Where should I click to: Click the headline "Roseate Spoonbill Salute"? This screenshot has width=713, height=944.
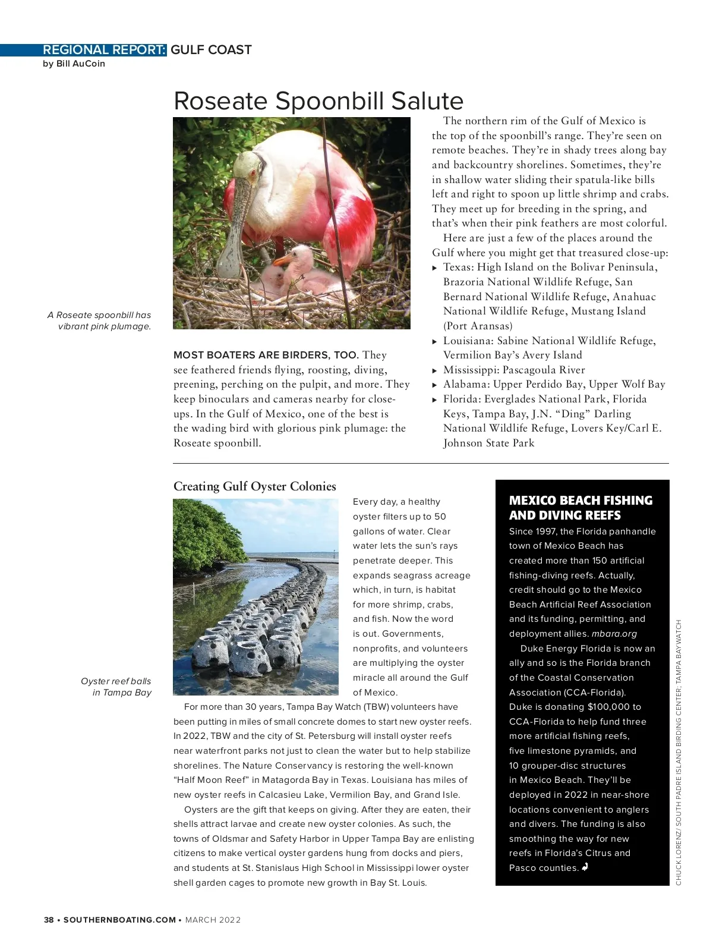click(318, 101)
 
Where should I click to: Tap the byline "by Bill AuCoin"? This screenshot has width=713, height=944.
click(74, 64)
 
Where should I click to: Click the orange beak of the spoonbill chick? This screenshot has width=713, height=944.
click(280, 259)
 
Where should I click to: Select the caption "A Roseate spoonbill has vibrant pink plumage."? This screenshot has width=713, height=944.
click(99, 320)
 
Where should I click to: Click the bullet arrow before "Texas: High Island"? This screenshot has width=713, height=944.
click(435, 268)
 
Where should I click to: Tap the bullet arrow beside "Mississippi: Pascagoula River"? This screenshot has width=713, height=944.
click(435, 370)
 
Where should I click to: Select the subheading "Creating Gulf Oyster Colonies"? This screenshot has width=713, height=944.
click(254, 486)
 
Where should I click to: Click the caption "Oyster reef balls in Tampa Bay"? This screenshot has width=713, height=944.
click(116, 687)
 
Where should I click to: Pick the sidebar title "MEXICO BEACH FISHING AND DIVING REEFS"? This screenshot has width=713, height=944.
click(581, 508)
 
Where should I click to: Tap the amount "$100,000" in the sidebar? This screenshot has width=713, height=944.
click(608, 707)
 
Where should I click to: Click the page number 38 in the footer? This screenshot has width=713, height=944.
click(49, 920)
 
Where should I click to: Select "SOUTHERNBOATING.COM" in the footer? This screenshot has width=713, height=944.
click(119, 920)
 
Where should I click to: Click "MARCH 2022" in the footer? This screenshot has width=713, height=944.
click(213, 920)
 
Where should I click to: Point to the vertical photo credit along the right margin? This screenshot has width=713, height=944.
click(679, 752)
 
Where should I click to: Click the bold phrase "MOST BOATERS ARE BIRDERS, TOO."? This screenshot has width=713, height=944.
click(266, 355)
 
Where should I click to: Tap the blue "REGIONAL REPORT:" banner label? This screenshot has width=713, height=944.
click(105, 50)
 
